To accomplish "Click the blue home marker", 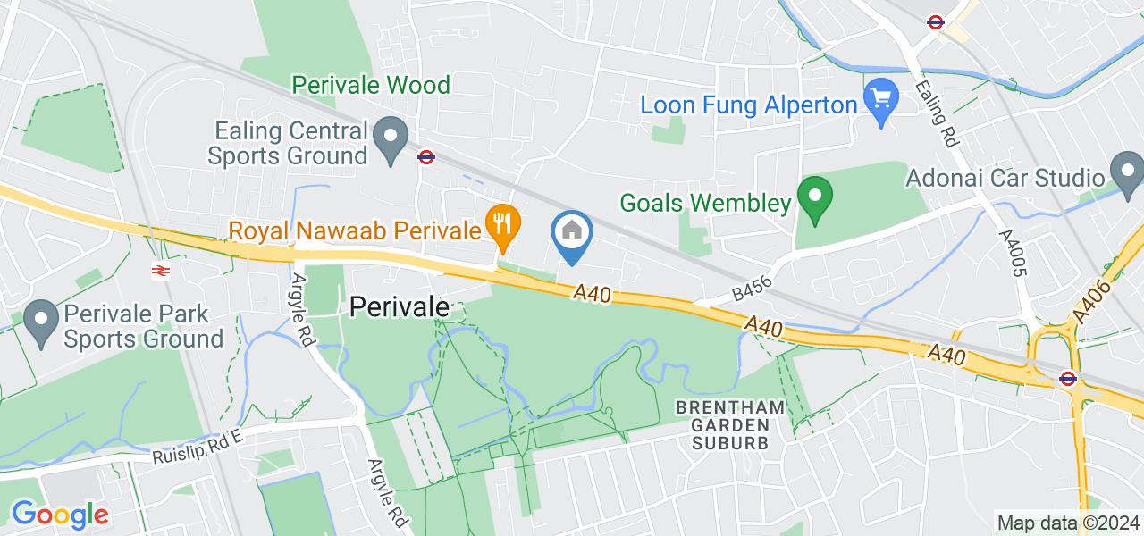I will pyautogui.click(x=572, y=233).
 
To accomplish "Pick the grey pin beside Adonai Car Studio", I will pyautogui.click(x=1125, y=169).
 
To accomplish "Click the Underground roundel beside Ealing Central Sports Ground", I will pyautogui.click(x=426, y=157).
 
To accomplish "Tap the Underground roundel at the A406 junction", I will pyautogui.click(x=1066, y=378).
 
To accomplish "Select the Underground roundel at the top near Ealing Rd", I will pyautogui.click(x=936, y=22).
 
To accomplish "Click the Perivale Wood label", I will pyautogui.click(x=371, y=86).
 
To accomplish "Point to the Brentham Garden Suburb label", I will pyautogui.click(x=730, y=424).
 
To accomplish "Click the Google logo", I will pyautogui.click(x=59, y=515).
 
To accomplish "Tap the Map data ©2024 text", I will pyautogui.click(x=1067, y=523).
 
